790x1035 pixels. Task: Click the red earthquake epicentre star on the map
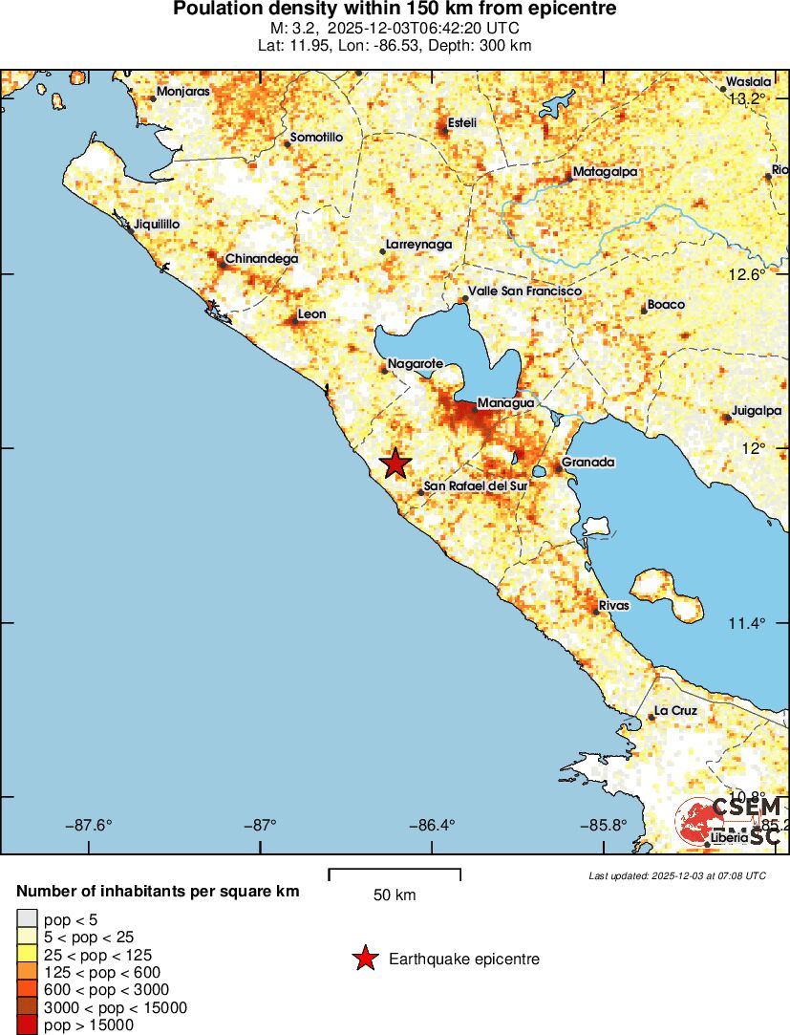(x=395, y=464)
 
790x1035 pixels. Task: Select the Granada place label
(x=587, y=463)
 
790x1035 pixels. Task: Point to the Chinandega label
(x=261, y=259)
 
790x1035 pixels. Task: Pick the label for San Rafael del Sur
(x=475, y=486)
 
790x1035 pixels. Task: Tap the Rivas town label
(x=613, y=606)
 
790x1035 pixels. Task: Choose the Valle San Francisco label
(x=523, y=291)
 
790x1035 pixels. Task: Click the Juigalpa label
(x=756, y=411)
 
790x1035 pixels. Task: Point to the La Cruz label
(x=674, y=711)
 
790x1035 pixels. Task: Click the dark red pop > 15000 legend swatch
(x=27, y=1024)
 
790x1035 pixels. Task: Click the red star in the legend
(x=364, y=959)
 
